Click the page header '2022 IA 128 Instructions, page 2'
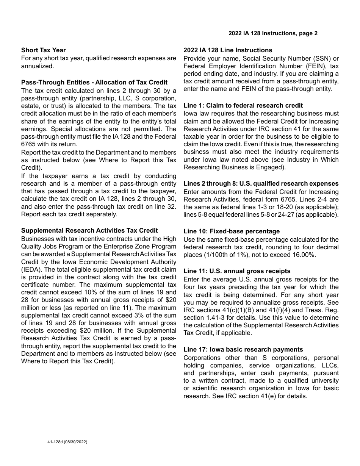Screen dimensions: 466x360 click(x=273, y=33)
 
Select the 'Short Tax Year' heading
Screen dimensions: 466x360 click(x=44, y=50)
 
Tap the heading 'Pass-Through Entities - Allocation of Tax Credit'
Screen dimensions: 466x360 click(x=94, y=82)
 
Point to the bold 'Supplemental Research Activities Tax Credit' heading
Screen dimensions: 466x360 click(x=89, y=230)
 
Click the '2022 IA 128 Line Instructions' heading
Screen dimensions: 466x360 click(x=228, y=50)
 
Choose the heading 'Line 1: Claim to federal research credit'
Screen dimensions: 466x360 click(x=243, y=105)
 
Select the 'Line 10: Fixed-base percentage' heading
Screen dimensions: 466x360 click(x=232, y=231)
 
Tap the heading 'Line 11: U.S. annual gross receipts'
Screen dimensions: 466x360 click(x=237, y=271)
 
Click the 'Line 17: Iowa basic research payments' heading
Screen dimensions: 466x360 click(x=243, y=349)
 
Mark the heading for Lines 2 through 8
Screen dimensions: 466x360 click(x=261, y=183)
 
